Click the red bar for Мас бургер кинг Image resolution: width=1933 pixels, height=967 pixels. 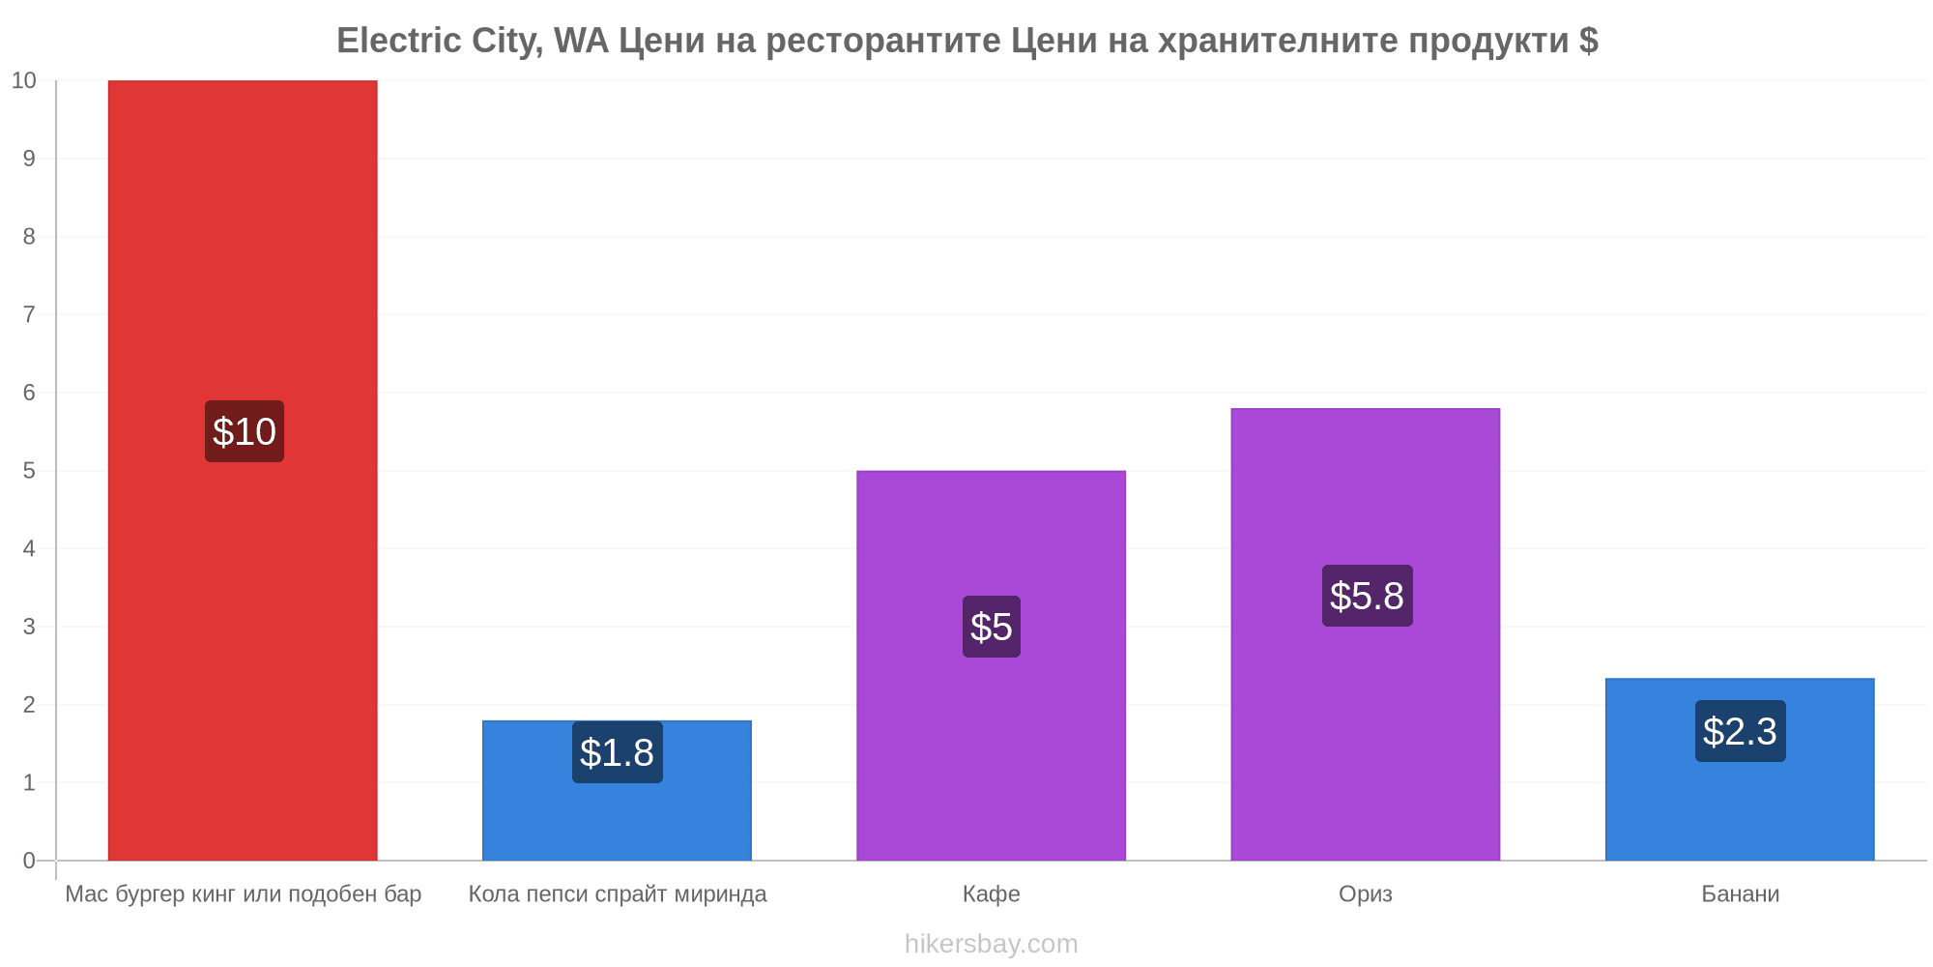point(243,470)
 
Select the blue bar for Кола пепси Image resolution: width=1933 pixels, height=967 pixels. point(617,790)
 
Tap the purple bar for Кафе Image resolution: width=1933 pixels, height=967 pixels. point(991,665)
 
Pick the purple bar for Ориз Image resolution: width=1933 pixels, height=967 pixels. point(1366,634)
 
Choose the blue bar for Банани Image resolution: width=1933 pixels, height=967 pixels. point(1740,770)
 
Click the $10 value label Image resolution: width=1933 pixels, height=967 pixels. point(245,431)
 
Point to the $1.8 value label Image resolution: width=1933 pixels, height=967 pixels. point(618,752)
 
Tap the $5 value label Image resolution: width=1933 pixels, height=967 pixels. point(992,627)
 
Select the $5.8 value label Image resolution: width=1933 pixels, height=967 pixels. point(1368,596)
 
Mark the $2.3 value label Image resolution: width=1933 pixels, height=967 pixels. point(1741,731)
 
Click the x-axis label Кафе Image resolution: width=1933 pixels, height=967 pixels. point(992,894)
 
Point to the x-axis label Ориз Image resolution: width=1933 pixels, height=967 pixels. point(1366,894)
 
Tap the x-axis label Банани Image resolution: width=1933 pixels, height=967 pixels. point(1741,894)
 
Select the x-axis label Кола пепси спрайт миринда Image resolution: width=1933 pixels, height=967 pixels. point(618,894)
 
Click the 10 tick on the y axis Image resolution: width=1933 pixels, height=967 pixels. point(24,80)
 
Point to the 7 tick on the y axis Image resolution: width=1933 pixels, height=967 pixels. point(29,314)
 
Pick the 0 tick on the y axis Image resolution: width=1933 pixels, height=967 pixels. point(29,861)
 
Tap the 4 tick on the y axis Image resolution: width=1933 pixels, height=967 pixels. point(29,548)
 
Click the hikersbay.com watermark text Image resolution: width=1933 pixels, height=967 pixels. point(992,944)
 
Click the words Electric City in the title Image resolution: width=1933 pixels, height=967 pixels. point(439,41)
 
